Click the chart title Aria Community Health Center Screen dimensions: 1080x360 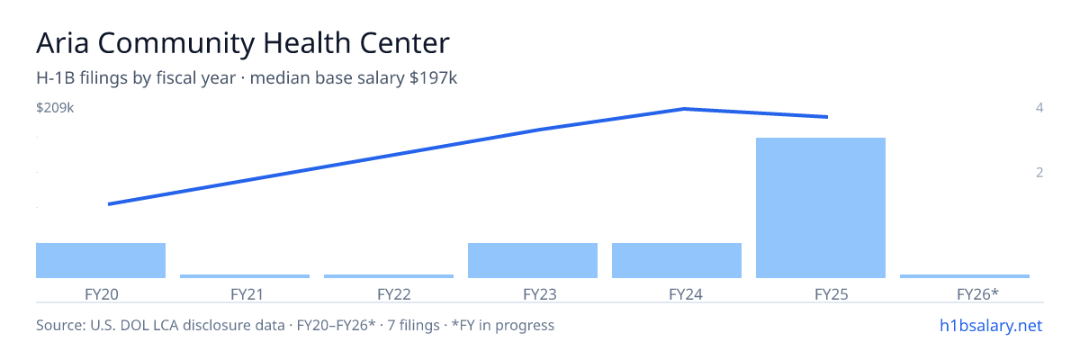click(x=242, y=43)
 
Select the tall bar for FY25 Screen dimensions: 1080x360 click(x=821, y=208)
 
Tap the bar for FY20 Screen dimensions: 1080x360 click(x=101, y=260)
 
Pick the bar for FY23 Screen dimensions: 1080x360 click(x=533, y=260)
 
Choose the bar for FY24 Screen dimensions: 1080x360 click(x=677, y=260)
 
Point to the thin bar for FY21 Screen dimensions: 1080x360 click(x=245, y=276)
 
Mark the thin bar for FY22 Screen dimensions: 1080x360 click(x=389, y=276)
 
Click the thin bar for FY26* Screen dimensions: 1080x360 click(x=965, y=276)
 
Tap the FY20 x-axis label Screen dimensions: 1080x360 click(x=101, y=294)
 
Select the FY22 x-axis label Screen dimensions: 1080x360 click(x=394, y=294)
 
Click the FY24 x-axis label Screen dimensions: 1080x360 click(x=686, y=294)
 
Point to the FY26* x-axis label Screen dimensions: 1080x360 click(x=977, y=294)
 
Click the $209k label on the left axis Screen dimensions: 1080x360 click(x=55, y=107)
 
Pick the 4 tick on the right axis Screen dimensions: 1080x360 click(x=1039, y=107)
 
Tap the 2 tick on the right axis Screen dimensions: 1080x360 click(x=1039, y=172)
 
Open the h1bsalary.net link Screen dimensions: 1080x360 click(x=991, y=325)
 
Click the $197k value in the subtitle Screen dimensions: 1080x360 click(x=433, y=78)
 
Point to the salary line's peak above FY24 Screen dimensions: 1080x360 click(x=685, y=109)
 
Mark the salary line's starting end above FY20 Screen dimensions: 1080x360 click(x=109, y=204)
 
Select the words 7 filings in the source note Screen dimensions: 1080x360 click(x=413, y=325)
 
